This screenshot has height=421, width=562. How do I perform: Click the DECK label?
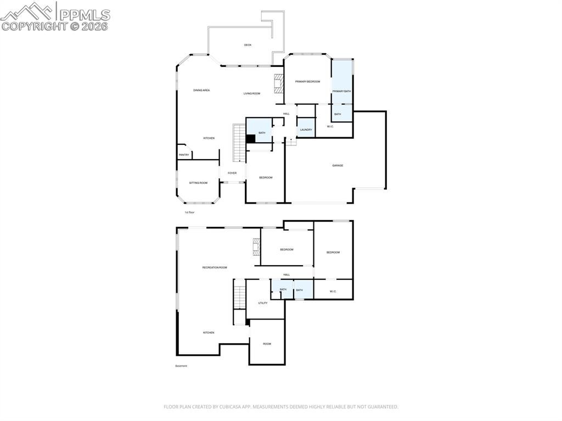point(248,45)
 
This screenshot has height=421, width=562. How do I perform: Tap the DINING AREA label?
point(201,90)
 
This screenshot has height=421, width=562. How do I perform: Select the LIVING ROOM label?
point(252,93)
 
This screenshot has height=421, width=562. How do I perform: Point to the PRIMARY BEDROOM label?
point(307,81)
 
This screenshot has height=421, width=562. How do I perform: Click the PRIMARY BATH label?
point(341,91)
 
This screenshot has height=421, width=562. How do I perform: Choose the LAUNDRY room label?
point(306,130)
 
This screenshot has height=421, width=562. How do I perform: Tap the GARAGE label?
point(338,165)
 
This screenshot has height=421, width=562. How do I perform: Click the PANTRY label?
point(184,155)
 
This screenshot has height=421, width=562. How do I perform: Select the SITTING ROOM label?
point(198,183)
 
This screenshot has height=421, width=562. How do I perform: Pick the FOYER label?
point(232,173)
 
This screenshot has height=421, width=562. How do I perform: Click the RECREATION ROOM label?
point(215,267)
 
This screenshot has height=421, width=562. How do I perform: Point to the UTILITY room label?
point(263,303)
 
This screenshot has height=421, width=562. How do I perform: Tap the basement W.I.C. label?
point(333,291)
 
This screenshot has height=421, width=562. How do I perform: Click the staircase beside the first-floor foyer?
point(239,143)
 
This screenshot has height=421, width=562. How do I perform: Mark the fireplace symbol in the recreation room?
point(256,248)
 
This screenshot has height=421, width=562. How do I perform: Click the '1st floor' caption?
point(189,212)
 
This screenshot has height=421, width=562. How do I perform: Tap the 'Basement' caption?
point(181,366)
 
